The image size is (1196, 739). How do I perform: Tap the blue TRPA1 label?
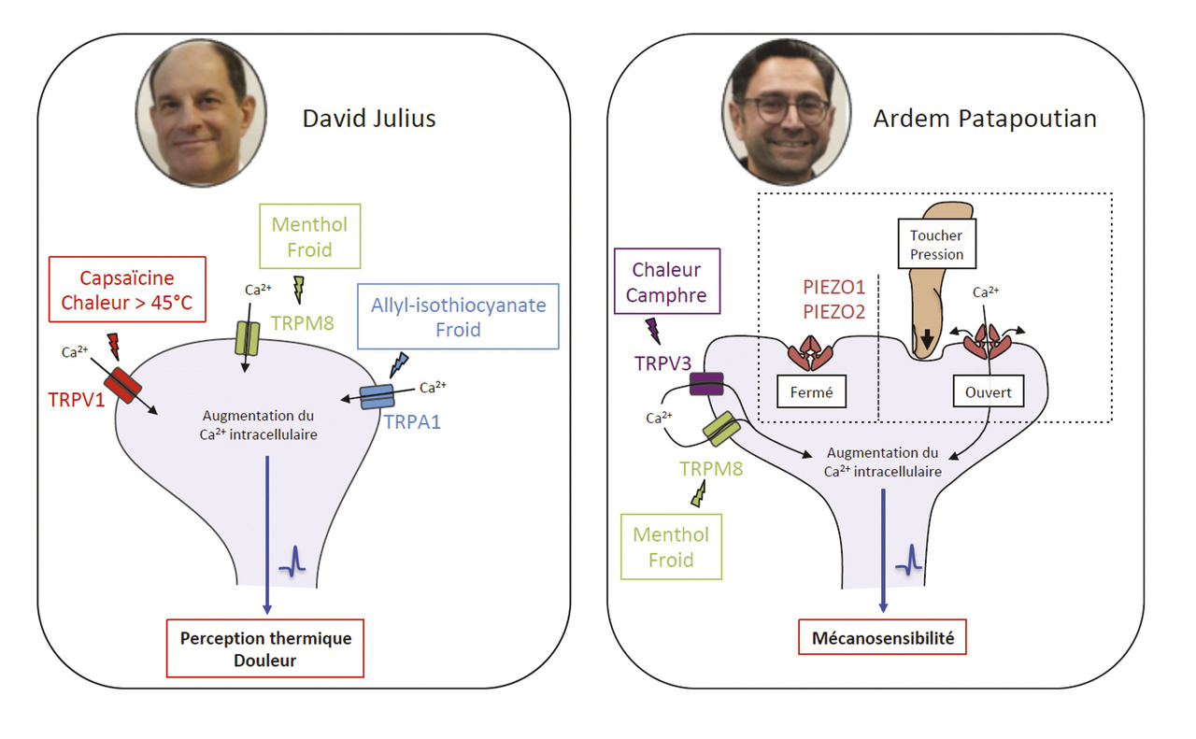click(x=412, y=420)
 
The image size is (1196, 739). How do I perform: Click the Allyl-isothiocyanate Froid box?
click(x=458, y=317)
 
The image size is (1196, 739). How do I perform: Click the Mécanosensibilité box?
click(x=882, y=639)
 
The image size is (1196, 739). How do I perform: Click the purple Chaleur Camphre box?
click(x=666, y=281)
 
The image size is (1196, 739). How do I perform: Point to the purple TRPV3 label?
click(x=658, y=362)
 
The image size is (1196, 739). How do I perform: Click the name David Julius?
click(x=369, y=119)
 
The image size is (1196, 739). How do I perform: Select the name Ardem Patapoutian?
click(x=985, y=119)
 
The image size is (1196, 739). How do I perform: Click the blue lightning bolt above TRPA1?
click(x=397, y=363)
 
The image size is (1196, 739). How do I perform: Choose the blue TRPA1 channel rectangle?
click(x=377, y=397)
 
